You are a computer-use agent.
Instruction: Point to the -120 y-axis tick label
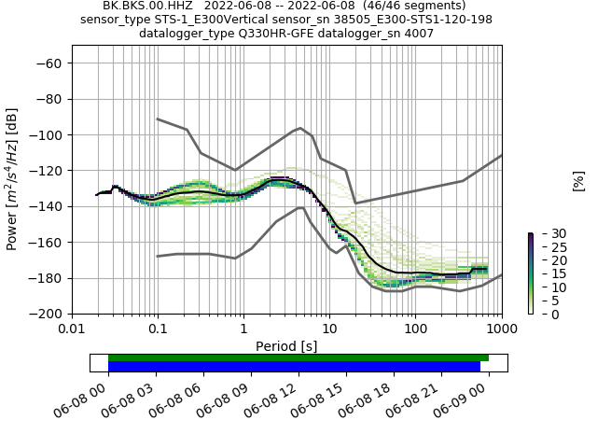[x=49, y=171]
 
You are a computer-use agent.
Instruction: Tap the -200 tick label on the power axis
[x=49, y=315]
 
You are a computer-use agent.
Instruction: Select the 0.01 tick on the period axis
[x=72, y=330]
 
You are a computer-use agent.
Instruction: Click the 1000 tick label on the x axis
[x=502, y=330]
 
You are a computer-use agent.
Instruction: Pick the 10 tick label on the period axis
[x=329, y=330]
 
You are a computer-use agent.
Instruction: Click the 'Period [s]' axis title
[x=286, y=346]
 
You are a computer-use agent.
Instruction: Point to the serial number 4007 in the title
[x=418, y=34]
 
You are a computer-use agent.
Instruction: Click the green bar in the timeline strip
[x=298, y=357]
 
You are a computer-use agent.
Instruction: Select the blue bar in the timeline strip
[x=294, y=367]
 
